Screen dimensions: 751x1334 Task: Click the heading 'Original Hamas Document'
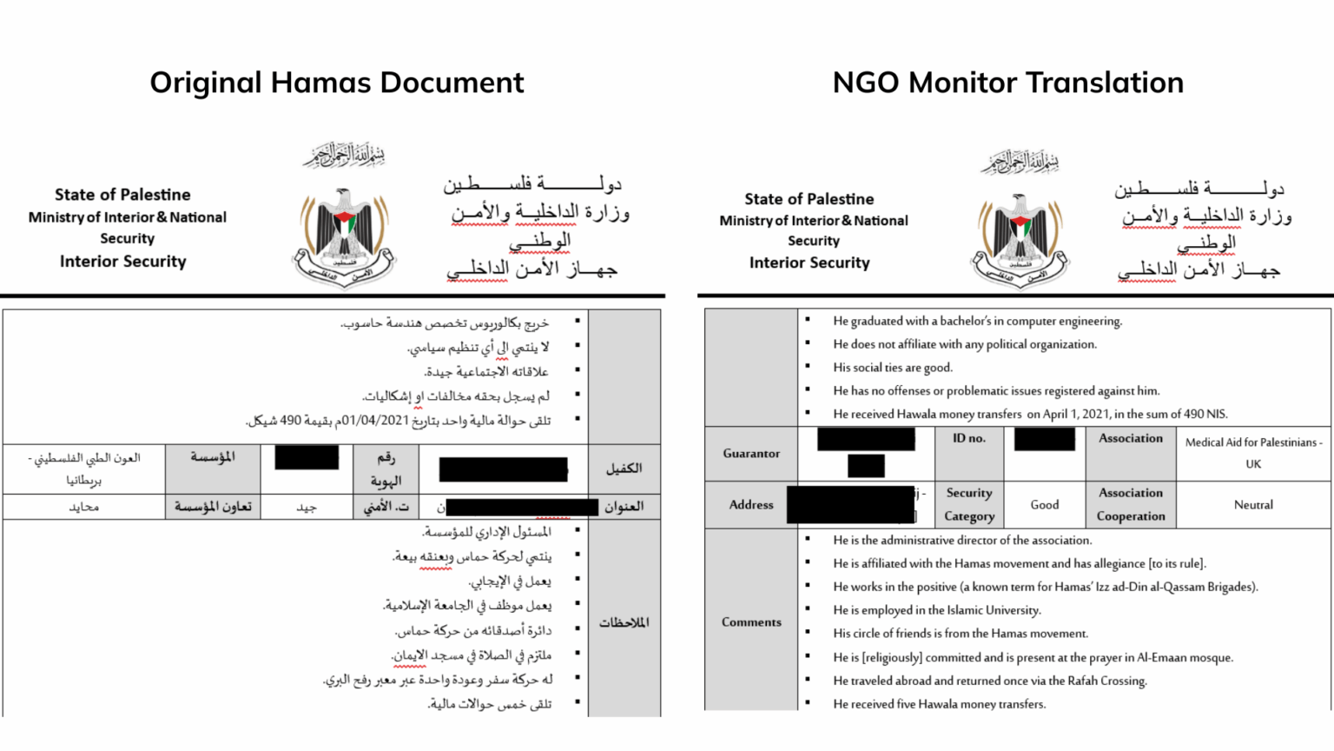(337, 83)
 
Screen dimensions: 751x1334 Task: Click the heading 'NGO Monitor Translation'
(1007, 83)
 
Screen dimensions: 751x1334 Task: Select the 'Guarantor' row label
(751, 454)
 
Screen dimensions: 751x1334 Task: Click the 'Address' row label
(751, 505)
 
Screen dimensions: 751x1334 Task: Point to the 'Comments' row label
(751, 622)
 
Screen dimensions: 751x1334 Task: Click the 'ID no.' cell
(969, 439)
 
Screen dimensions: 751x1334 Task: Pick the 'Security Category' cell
(969, 505)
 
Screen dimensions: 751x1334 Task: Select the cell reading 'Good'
(1045, 505)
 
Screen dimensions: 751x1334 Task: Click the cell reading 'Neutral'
(1253, 505)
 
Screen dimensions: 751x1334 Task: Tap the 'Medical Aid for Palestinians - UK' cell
(1253, 453)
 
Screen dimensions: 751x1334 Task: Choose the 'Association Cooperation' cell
(1131, 505)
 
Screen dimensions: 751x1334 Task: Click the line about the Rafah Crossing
(990, 681)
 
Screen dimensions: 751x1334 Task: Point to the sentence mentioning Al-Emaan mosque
(1033, 658)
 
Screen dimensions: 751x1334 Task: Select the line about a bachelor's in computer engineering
(977, 322)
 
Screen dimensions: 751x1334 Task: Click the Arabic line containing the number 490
(400, 421)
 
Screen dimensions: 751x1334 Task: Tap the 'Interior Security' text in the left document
(123, 262)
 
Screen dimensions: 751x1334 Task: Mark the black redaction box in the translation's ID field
(1044, 440)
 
